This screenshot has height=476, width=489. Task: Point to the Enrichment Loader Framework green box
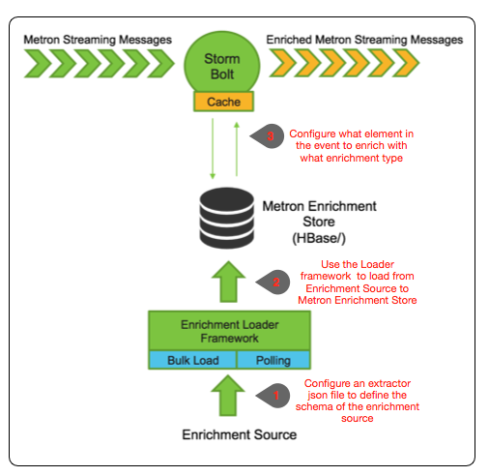tap(229, 332)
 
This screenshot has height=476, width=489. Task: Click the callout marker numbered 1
tap(274, 396)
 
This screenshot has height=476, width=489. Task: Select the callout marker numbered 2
tap(274, 282)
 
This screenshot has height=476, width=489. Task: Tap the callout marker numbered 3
tap(270, 137)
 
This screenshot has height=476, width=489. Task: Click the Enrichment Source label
tap(239, 435)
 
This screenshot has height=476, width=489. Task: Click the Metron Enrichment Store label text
tap(319, 214)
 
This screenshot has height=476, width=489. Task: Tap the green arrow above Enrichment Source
tap(229, 397)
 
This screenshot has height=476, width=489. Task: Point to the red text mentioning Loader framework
tap(368, 281)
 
